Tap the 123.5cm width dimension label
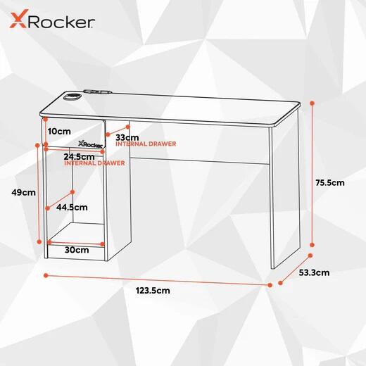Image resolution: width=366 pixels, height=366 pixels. pyautogui.click(x=153, y=291)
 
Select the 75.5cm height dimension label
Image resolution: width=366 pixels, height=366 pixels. pyautogui.click(x=330, y=182)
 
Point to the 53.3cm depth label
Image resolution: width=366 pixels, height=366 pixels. pyautogui.click(x=314, y=272)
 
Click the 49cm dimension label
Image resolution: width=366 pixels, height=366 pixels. pyautogui.click(x=23, y=192)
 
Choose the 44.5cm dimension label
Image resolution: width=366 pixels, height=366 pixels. pyautogui.click(x=72, y=207)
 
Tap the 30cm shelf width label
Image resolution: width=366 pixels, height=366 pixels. pyautogui.click(x=77, y=250)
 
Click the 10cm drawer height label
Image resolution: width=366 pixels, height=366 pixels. pyautogui.click(x=59, y=132)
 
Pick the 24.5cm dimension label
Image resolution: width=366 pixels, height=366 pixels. pyautogui.click(x=79, y=157)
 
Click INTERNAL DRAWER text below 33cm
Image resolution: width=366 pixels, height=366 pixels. pyautogui.click(x=146, y=144)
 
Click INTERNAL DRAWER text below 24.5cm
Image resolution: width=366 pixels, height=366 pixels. pyautogui.click(x=94, y=163)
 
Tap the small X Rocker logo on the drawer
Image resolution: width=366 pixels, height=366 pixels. pyautogui.click(x=90, y=144)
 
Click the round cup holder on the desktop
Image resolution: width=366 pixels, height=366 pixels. pyautogui.click(x=72, y=96)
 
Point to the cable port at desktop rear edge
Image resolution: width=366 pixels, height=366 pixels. pyautogui.click(x=97, y=91)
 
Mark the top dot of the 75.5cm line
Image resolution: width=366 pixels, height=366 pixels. pyautogui.click(x=312, y=103)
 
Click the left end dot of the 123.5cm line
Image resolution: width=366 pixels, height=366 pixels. pyautogui.click(x=46, y=275)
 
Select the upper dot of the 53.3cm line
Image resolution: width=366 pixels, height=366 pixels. pyautogui.click(x=310, y=255)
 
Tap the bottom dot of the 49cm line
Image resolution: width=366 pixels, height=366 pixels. pyautogui.click(x=39, y=241)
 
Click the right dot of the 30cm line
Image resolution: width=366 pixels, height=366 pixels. pyautogui.click(x=102, y=244)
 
